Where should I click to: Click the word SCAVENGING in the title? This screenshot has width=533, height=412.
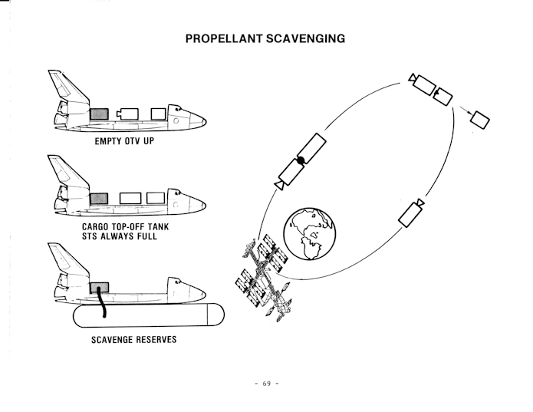coord(305,38)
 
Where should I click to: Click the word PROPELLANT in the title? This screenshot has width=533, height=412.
coord(224,38)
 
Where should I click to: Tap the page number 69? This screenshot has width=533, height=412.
coord(267,384)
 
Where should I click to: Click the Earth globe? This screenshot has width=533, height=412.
coord(309,234)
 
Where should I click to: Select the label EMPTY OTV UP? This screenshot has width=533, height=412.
coord(124,141)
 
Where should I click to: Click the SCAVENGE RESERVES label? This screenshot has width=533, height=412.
coord(134,340)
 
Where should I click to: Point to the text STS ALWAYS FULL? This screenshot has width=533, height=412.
coord(120,236)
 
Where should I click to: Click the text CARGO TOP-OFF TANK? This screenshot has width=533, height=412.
coord(126,227)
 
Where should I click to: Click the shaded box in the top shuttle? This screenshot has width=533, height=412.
coord(99,114)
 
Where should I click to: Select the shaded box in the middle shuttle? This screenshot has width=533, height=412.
coord(99,199)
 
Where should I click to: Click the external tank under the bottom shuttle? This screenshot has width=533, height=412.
coord(149,315)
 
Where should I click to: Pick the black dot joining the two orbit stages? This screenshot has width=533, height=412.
coord(301,160)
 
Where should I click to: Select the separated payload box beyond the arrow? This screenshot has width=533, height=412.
coord(480,120)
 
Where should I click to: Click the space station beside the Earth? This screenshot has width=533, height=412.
coord(264,278)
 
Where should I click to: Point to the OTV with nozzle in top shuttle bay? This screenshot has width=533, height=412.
coord(127,114)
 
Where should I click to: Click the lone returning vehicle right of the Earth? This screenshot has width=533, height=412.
coord(411,213)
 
